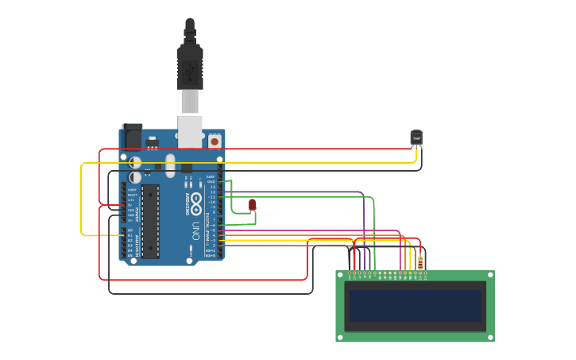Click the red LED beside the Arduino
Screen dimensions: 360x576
(252, 204)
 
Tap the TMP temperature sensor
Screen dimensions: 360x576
(416, 137)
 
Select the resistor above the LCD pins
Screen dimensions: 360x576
(420, 261)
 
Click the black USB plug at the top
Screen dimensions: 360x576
(190, 68)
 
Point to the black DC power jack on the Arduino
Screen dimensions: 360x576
(133, 137)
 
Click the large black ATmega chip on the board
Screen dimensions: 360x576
(150, 222)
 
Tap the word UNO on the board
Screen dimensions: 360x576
(195, 230)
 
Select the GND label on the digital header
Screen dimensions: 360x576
(211, 182)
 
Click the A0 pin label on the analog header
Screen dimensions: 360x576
(130, 230)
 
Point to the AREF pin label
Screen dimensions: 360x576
(211, 176)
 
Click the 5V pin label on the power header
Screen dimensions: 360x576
(131, 205)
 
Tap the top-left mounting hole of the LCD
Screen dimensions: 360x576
(340, 275)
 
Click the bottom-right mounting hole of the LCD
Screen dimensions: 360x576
(489, 337)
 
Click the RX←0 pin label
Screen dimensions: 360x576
(211, 255)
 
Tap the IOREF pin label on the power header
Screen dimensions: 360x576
(131, 190)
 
